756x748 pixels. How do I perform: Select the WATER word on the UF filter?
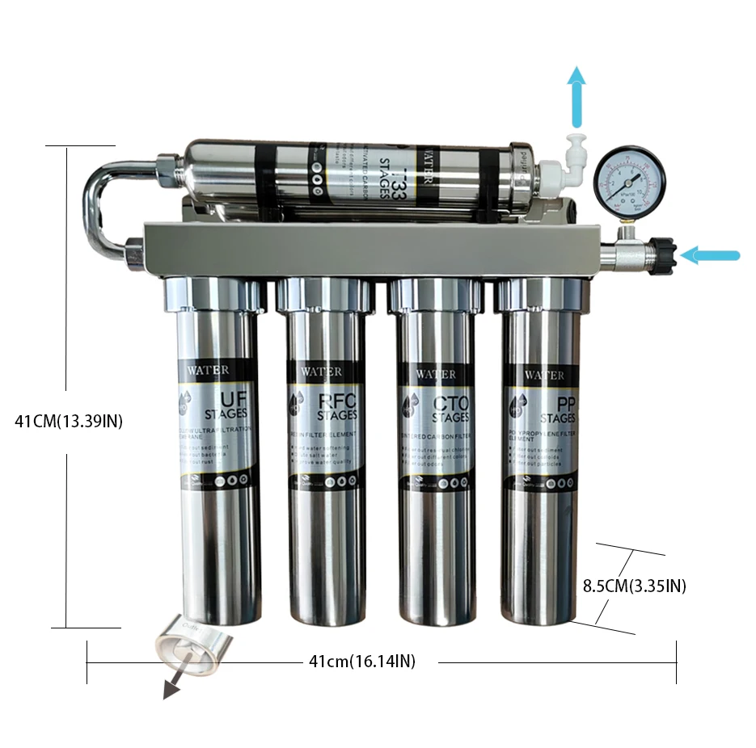[x=207, y=370]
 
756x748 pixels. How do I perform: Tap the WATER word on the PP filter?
[x=544, y=375]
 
